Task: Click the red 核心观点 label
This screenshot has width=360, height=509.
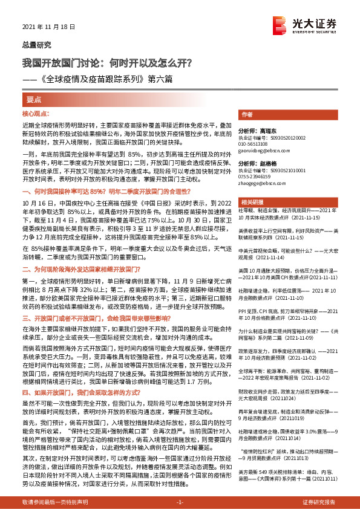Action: [x=34, y=113]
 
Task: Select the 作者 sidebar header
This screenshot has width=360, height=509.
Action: [x=247, y=114]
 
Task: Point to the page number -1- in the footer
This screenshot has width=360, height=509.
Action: [x=180, y=502]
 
